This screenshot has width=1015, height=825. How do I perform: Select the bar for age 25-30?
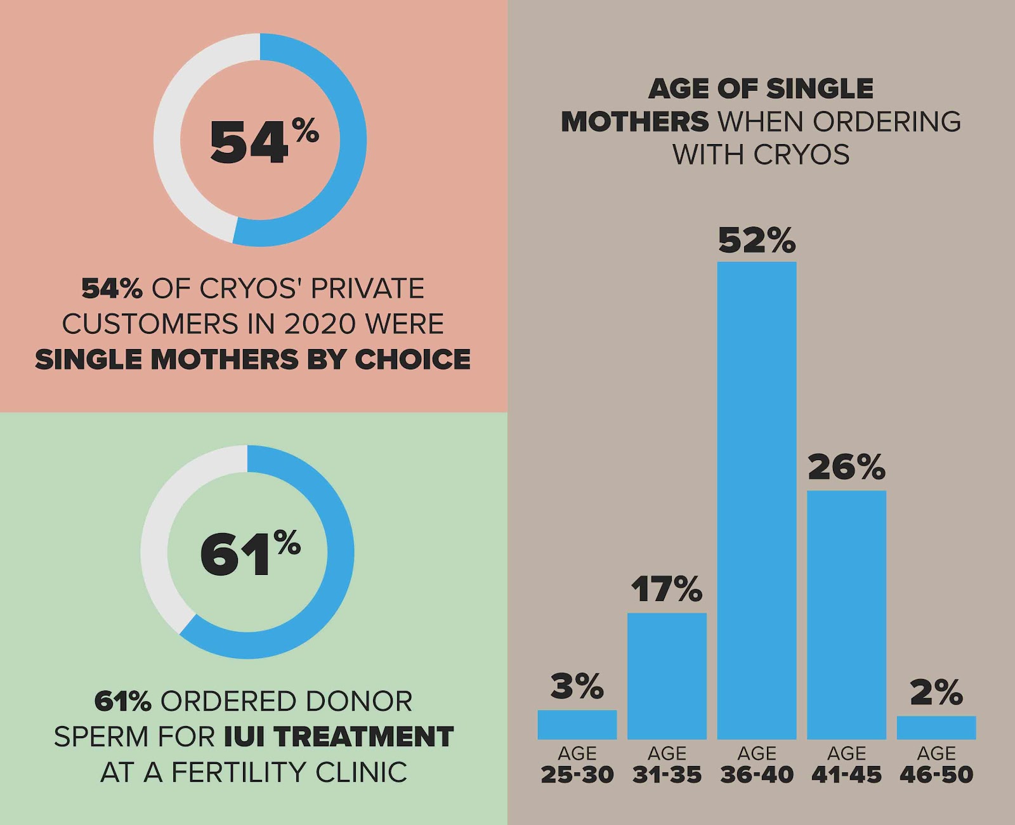point(577,724)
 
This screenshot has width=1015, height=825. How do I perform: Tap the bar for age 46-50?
point(936,727)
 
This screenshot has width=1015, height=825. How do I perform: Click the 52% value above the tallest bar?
point(756,240)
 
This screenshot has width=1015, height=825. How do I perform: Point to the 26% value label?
point(846,467)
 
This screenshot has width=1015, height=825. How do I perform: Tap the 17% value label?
point(666,589)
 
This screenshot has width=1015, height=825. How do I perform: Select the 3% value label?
point(577,686)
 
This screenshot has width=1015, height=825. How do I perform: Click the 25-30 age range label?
point(577,775)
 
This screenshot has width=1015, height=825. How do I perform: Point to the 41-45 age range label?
point(846,775)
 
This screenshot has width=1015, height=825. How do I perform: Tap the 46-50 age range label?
point(936,775)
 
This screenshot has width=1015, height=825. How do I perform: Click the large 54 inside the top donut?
point(249,143)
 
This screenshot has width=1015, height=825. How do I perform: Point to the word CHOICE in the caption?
point(412,360)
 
